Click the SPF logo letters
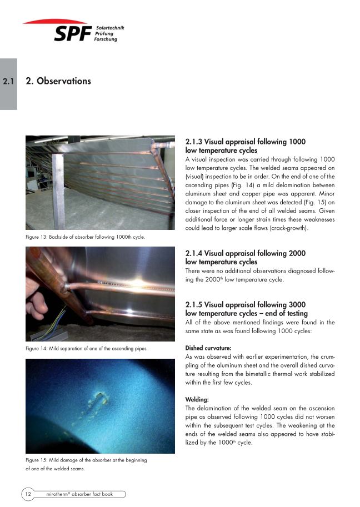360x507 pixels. coord(72,34)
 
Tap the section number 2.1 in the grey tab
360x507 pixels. coord(8,82)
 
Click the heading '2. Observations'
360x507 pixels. coord(58,81)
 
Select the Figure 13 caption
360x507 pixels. coord(86,237)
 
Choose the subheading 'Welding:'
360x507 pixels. coord(197,399)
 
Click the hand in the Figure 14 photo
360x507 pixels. coord(39,300)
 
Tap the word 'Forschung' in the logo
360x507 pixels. coord(106,39)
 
